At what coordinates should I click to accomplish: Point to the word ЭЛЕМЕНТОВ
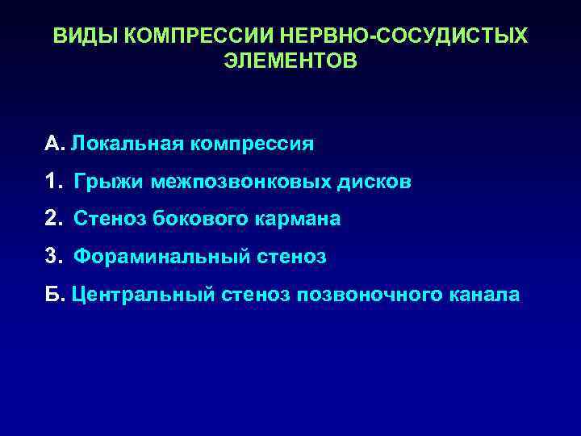[x=290, y=61]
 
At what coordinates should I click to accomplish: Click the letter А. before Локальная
[x=53, y=145]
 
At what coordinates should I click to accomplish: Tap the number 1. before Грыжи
[x=54, y=182]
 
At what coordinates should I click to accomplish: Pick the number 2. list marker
[x=54, y=220]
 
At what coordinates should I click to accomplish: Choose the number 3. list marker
[x=54, y=258]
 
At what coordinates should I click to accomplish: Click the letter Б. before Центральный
[x=54, y=295]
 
